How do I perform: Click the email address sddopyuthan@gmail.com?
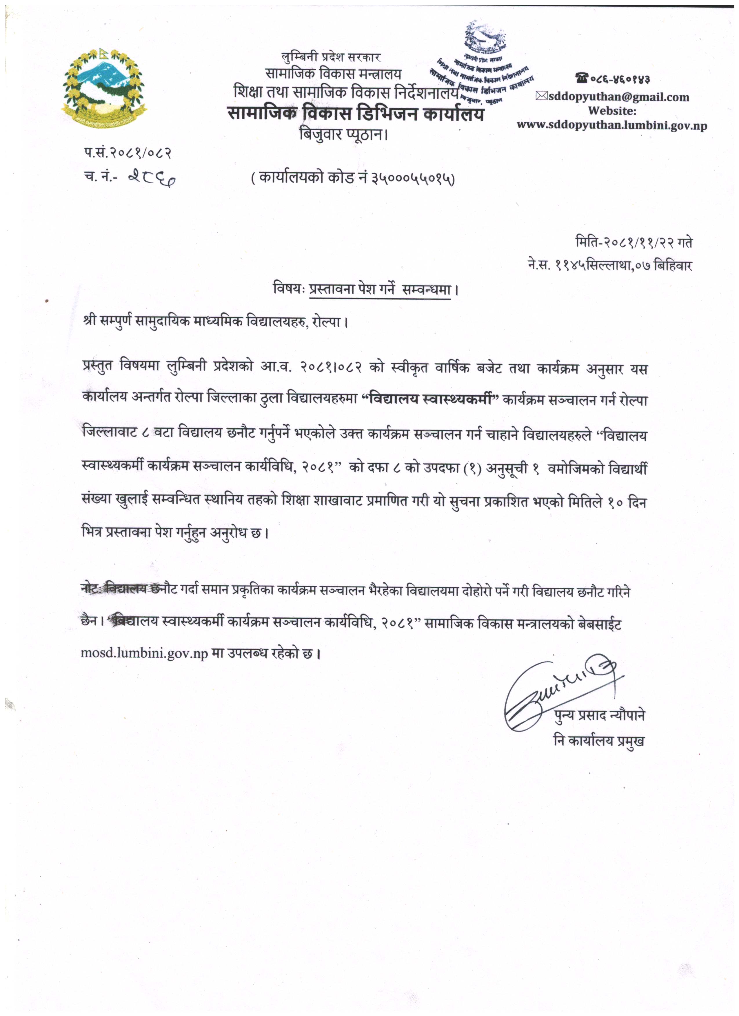click(x=618, y=97)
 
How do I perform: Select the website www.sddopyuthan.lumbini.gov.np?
click(x=612, y=125)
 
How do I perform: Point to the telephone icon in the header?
click(x=582, y=79)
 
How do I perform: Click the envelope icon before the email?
click(x=541, y=96)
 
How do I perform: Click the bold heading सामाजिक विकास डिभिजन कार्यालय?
click(x=356, y=114)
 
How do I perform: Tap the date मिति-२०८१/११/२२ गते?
click(x=634, y=242)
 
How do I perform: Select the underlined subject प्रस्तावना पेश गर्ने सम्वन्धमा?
click(x=380, y=289)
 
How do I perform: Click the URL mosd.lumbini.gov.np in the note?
click(x=144, y=653)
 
